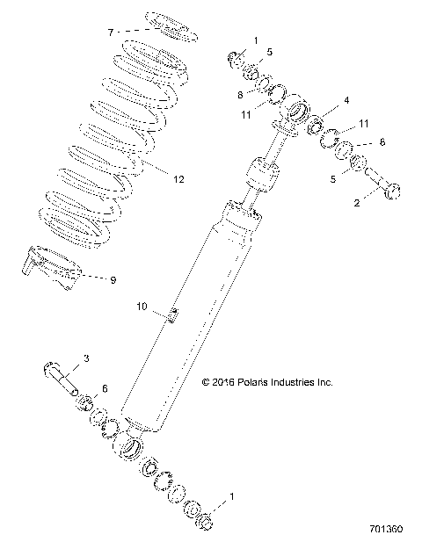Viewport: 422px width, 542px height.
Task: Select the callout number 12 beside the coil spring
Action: pos(178,179)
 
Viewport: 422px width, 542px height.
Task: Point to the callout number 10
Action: pos(141,307)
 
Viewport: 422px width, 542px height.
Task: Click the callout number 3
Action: pos(86,358)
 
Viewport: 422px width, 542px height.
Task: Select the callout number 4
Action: pos(346,100)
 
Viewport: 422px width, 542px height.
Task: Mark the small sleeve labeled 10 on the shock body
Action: pos(173,314)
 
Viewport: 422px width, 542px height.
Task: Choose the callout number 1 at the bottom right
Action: pos(232,497)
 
